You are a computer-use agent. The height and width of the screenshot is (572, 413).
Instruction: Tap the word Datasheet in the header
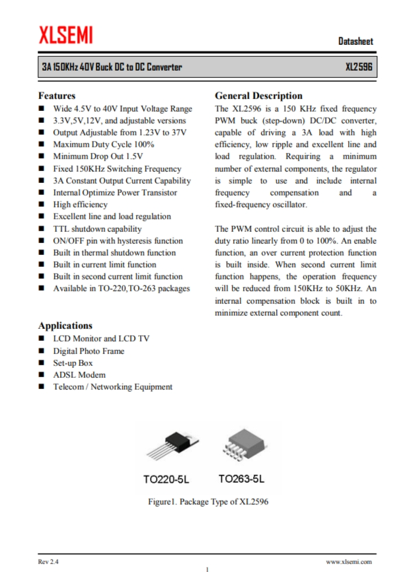(356, 41)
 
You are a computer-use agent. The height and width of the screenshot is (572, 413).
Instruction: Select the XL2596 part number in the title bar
(359, 67)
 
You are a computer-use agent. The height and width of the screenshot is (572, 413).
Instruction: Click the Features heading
(57, 96)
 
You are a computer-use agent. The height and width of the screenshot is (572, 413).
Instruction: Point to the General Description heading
(258, 96)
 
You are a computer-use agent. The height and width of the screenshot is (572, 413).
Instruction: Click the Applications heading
(65, 326)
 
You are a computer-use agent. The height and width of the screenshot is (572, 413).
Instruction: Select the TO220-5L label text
(170, 479)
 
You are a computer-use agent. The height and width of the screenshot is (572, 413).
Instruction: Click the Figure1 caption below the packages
(208, 502)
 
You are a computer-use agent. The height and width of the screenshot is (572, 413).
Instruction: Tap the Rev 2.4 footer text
(48, 562)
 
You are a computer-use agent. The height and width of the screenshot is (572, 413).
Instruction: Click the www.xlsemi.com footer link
(349, 562)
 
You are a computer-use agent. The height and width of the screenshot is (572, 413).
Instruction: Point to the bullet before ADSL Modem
(42, 375)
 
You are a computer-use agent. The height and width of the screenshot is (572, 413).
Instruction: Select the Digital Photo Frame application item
(89, 351)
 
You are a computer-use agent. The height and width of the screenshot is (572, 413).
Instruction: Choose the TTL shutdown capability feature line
(97, 229)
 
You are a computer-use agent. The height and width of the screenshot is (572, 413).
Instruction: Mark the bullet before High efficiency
(42, 205)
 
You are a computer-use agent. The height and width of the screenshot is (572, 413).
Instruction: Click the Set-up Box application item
(73, 363)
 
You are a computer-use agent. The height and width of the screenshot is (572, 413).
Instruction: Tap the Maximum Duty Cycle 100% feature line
(104, 145)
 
